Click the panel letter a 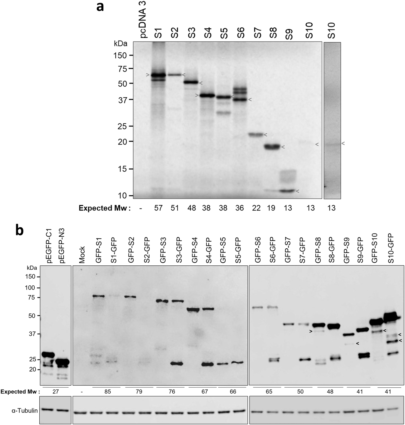tap(100, 7)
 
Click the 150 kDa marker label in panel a tap(120, 55)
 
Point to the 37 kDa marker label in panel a tap(122, 100)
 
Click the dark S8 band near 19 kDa tap(272, 147)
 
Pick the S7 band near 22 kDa tap(256, 135)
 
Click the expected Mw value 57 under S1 tap(158, 208)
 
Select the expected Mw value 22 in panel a tap(256, 208)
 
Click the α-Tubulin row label tap(25, 410)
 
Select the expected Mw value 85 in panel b tap(108, 392)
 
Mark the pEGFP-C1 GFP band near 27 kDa tap(48, 355)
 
